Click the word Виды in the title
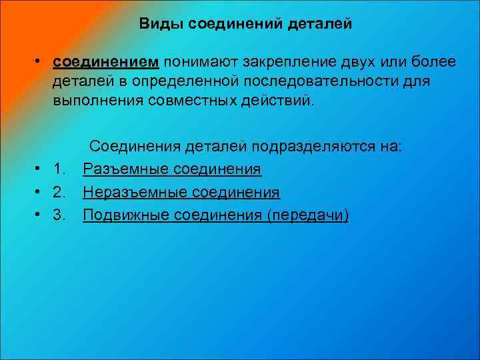tap(162, 24)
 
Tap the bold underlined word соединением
tap(106, 62)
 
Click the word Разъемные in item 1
tap(125, 169)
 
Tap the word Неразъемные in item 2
tap(135, 193)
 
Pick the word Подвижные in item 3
tap(125, 215)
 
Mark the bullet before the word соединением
tap(41, 63)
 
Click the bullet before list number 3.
tap(41, 216)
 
